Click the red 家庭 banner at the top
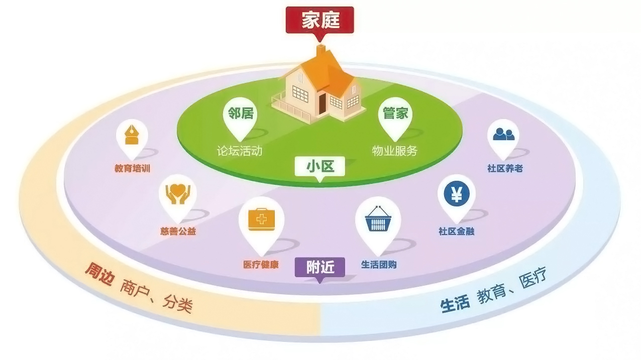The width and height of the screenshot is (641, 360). (320, 20)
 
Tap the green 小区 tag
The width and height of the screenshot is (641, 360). (320, 166)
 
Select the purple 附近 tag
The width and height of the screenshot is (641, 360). (320, 267)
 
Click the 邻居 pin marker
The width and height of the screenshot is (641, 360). (240, 114)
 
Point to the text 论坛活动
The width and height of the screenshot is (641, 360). (239, 151)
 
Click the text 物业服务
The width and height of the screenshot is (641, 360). (394, 151)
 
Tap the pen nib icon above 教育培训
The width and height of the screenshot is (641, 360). (132, 135)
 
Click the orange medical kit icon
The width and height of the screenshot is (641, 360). (262, 219)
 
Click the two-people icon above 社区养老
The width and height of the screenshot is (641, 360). (503, 134)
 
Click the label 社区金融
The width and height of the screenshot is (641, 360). (456, 231)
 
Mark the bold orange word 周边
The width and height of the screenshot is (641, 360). (99, 274)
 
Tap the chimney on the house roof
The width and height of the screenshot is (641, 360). (320, 51)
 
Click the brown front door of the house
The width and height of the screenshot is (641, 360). (323, 102)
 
